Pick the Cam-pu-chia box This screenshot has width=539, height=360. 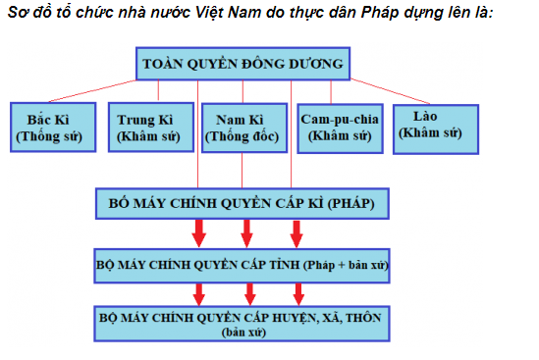(337, 127)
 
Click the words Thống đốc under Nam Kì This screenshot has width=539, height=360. (243, 137)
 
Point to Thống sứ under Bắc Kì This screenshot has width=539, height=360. (50, 136)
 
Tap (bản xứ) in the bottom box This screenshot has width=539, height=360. (243, 333)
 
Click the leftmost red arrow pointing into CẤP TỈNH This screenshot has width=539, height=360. (198, 233)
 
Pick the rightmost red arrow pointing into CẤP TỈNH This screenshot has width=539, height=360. (296, 233)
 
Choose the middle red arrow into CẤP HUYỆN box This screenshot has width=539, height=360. (246, 292)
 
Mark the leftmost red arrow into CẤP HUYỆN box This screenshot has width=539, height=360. (198, 292)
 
